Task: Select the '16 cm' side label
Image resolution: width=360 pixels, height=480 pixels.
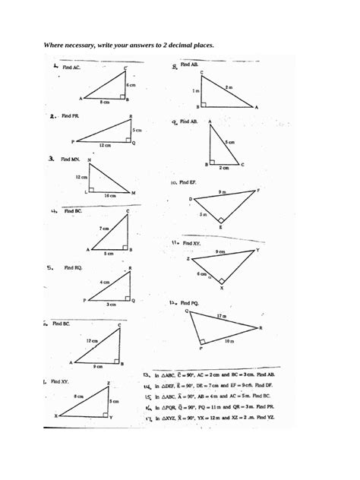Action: tap(110, 196)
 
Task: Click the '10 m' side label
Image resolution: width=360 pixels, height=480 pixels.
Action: tap(229, 342)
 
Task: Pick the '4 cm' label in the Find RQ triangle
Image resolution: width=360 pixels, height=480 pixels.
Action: tap(105, 281)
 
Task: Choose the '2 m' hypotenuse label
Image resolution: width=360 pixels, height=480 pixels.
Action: tap(229, 88)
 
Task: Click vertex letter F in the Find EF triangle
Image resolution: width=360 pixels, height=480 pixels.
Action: tap(259, 190)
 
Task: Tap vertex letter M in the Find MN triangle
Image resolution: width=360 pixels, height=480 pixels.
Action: tap(134, 192)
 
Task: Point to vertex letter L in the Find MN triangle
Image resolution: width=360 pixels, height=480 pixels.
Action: tap(85, 192)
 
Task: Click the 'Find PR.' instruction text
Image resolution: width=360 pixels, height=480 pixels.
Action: tap(71, 117)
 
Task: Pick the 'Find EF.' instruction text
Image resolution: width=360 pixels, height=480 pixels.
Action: tap(187, 182)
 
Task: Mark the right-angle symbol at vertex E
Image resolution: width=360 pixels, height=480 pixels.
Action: tap(221, 219)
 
